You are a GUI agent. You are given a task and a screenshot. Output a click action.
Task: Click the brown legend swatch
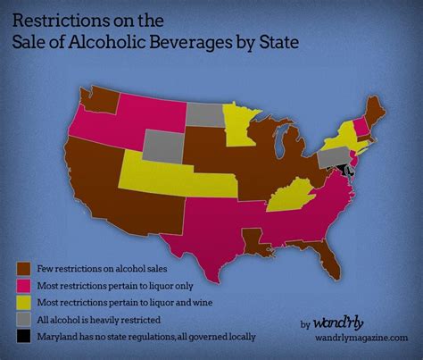click(x=22, y=267)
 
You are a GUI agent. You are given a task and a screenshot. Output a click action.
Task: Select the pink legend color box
click(x=22, y=284)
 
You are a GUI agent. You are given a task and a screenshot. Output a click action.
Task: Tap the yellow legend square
click(x=22, y=302)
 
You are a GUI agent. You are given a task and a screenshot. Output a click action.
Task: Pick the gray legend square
click(x=22, y=319)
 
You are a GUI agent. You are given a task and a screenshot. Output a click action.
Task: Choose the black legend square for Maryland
click(x=22, y=336)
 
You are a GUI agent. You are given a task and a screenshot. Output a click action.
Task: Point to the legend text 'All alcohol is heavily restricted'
click(x=101, y=319)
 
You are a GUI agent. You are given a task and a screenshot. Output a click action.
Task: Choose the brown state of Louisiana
click(x=253, y=239)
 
